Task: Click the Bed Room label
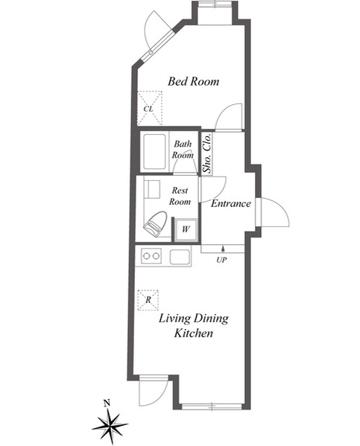(x=193, y=81)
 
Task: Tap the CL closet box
(x=150, y=108)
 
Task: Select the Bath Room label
(x=183, y=150)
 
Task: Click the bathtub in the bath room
(x=154, y=152)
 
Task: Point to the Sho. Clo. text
(x=208, y=153)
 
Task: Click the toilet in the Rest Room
(x=155, y=223)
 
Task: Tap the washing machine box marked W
(x=186, y=229)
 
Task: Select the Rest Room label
(x=180, y=196)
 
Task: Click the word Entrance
(x=231, y=203)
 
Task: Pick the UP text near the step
(x=221, y=260)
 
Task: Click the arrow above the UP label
(x=223, y=249)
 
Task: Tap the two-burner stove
(x=151, y=256)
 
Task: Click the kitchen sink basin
(x=180, y=257)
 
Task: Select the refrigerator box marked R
(x=148, y=300)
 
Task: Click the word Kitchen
(x=194, y=333)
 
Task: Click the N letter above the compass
(x=107, y=403)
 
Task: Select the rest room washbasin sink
(x=153, y=188)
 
